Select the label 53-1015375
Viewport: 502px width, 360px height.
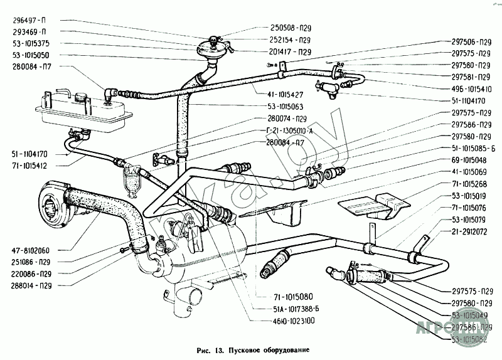coord(33,43)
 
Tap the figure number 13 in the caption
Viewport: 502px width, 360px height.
coord(220,349)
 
